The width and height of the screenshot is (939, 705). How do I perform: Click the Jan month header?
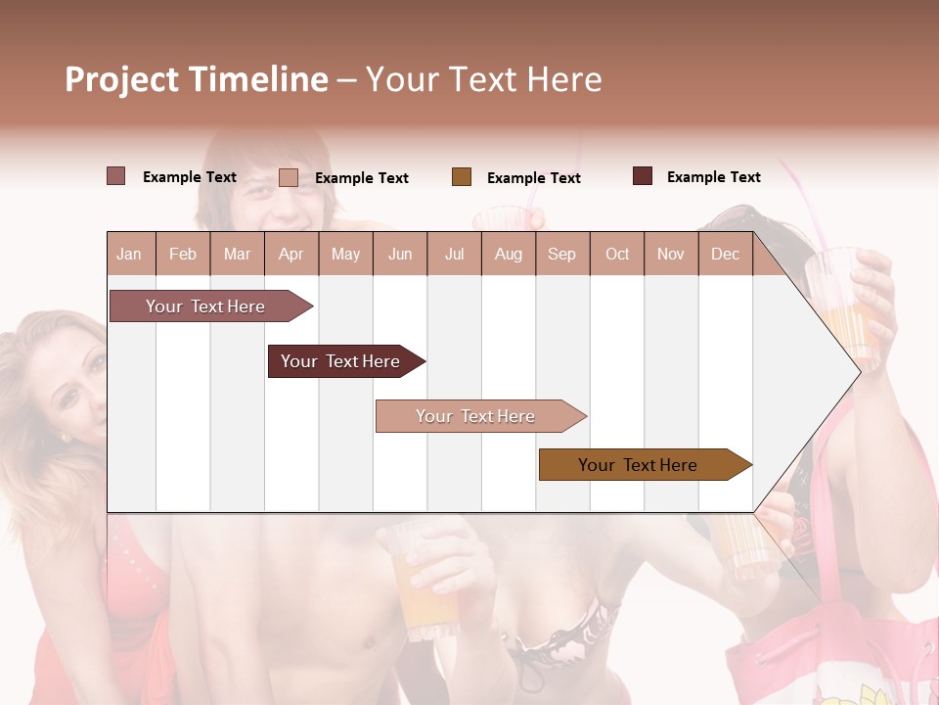click(x=129, y=255)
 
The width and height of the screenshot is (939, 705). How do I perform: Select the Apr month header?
click(x=291, y=255)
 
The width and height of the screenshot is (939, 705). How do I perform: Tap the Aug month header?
click(x=508, y=255)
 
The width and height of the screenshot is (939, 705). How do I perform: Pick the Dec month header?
click(x=725, y=255)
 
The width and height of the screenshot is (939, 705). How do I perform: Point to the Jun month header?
click(x=400, y=255)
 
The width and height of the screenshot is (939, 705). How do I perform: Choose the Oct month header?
click(x=617, y=255)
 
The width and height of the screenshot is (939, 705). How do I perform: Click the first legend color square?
click(x=115, y=176)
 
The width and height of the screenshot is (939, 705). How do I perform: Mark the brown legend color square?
click(x=462, y=176)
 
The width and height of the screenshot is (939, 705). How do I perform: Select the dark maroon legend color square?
click(x=643, y=176)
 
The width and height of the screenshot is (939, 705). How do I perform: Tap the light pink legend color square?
click(x=289, y=177)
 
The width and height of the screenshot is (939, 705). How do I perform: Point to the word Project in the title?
click(x=122, y=79)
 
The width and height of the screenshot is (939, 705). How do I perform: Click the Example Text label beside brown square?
click(x=533, y=178)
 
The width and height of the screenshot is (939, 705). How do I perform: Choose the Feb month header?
click(x=183, y=255)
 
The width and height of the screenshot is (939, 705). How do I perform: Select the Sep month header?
click(x=561, y=255)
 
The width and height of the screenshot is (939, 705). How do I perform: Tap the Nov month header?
click(x=671, y=255)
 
